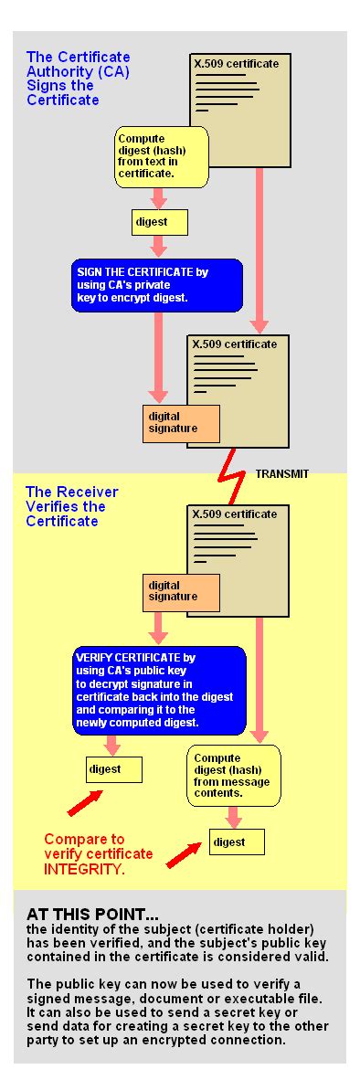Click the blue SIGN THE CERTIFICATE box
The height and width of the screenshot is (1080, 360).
(x=157, y=284)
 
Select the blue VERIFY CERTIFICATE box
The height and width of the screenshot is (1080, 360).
(x=160, y=690)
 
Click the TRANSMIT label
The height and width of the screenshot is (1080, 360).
(x=281, y=474)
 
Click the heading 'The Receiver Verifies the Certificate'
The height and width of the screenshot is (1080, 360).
(x=72, y=506)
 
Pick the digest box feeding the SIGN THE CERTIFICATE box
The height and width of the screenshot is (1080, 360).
(x=160, y=222)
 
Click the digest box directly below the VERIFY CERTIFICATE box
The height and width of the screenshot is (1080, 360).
(x=114, y=769)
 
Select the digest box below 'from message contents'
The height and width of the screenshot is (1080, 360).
(x=237, y=842)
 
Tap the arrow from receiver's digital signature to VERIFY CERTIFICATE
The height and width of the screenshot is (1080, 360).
(x=160, y=627)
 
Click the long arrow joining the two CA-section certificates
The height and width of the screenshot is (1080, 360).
(x=259, y=247)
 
